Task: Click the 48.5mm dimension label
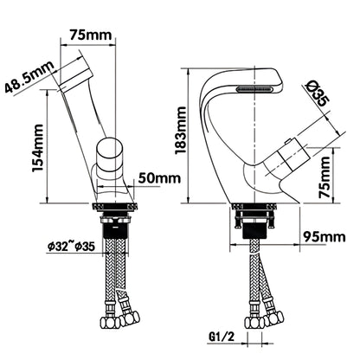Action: coord(29,77)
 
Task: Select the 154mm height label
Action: coord(38,148)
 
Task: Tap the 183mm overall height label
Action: coord(181,131)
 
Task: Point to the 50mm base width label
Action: coord(159,178)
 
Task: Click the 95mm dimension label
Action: coord(325,237)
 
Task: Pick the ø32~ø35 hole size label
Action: coord(71,247)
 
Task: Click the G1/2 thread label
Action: coord(222,337)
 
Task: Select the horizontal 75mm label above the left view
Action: coord(91,35)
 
